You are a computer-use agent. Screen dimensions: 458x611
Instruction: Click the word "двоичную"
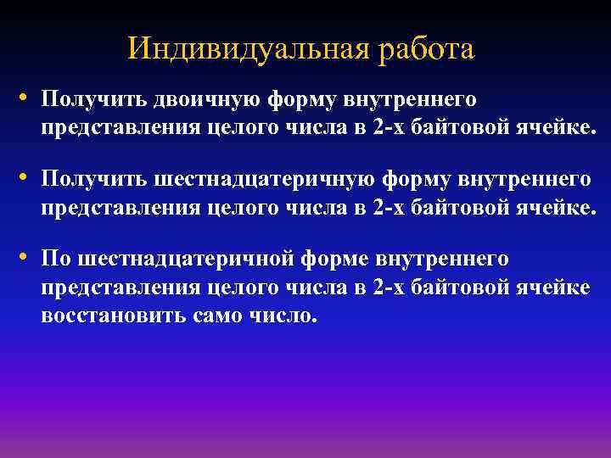[x=207, y=100]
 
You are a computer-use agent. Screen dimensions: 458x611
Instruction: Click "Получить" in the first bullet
[x=94, y=100]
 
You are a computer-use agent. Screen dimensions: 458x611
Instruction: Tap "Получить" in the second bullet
[x=94, y=180]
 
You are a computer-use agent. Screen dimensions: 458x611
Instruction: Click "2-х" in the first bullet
[x=389, y=128]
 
